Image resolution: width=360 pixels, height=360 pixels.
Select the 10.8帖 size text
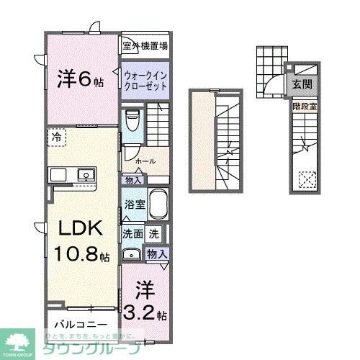pos(81,256)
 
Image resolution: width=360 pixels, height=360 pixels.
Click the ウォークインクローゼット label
pos(146,80)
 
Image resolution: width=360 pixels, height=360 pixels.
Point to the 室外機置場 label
pos(145,47)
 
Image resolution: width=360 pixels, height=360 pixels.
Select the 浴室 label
pos(135,204)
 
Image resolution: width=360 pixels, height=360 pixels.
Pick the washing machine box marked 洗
pos(154,233)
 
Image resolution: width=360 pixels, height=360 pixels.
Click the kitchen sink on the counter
pos(86,174)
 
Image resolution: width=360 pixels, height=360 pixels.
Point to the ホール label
pos(145,161)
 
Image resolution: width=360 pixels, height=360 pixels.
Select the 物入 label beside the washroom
pos(156,253)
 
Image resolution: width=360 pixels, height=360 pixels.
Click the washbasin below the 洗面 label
pos(131,253)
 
